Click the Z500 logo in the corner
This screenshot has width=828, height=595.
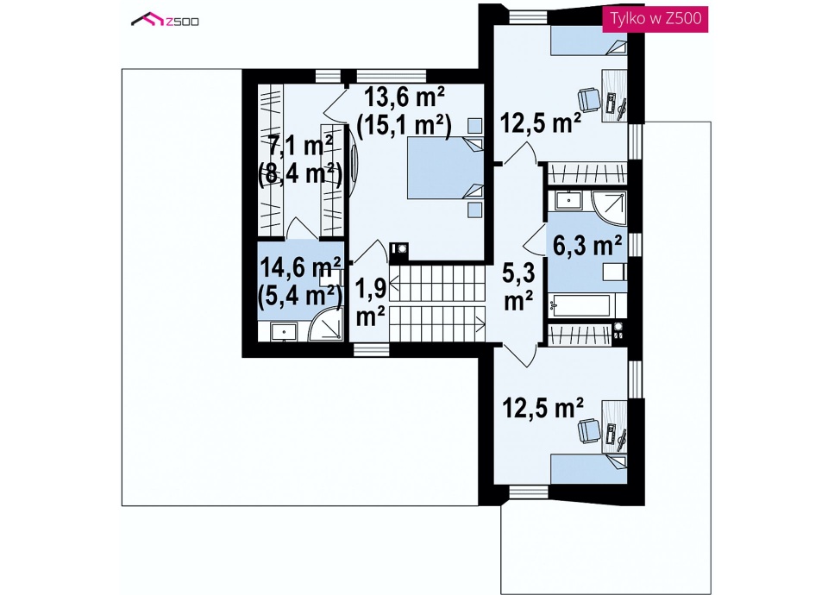pos(165,20)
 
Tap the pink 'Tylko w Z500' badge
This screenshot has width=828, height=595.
pos(655,18)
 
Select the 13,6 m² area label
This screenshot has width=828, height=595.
pos(405,97)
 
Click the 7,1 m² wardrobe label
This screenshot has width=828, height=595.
pos(300,145)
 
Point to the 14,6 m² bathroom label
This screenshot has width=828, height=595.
pos(300,267)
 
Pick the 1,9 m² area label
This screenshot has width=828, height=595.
pos(371,289)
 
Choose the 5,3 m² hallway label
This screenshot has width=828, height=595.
pos(518,273)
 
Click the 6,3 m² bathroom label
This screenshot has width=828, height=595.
pos(587,246)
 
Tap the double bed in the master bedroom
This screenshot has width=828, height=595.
pos(445,168)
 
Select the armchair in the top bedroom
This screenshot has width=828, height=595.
pos(589,99)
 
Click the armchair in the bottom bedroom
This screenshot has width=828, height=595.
pos(589,431)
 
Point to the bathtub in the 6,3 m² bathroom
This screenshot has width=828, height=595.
pos(580,305)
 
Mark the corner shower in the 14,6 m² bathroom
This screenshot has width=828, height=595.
pos(325,323)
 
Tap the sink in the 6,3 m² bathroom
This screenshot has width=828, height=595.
pos(568,201)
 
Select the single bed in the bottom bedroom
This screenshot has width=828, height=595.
pos(589,468)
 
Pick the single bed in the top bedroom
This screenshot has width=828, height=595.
pos(589,41)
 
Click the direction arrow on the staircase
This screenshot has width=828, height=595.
pos(437,323)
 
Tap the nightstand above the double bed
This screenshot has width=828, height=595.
pos(474,126)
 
